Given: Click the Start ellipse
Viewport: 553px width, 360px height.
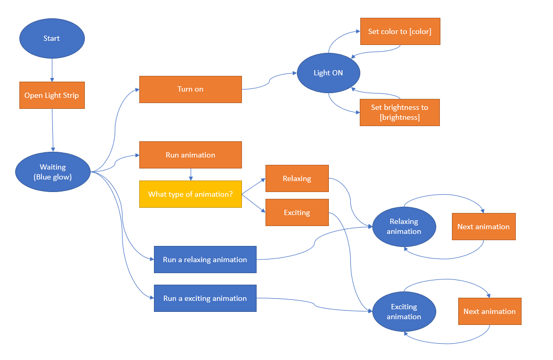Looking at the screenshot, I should pos(51,39).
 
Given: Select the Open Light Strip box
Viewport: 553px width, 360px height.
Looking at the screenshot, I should pos(52,95).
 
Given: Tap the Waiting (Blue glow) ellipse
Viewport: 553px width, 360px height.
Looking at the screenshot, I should pos(53,172).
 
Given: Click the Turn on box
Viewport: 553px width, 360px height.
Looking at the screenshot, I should pos(190,89).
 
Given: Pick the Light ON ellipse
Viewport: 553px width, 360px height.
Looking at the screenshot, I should pos(328,73).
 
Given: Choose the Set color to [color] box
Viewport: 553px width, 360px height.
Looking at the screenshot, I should pos(400,31).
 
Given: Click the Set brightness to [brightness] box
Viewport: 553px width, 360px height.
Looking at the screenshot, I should pos(400,112).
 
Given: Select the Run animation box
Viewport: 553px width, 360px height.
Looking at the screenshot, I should pos(190,155).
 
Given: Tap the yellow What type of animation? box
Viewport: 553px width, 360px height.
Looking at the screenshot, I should pos(190,194).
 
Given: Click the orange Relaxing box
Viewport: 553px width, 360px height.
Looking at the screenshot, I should pos(297,178).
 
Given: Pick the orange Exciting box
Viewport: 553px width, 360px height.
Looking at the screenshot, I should pos(297,212).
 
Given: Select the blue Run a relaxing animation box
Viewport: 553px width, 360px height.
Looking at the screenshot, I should pos(205,260).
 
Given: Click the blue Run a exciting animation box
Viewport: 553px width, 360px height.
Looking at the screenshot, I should pos(205,298).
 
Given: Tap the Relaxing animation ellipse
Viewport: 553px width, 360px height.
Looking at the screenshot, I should pos(404,227).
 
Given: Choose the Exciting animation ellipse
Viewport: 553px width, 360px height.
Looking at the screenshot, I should pos(404,311).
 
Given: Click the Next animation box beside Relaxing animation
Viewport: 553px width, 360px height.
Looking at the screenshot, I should pos(483,227).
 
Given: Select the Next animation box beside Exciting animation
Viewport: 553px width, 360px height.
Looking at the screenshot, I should pos(490,311).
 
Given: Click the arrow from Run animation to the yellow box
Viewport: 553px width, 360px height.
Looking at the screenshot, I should pos(190,174).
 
